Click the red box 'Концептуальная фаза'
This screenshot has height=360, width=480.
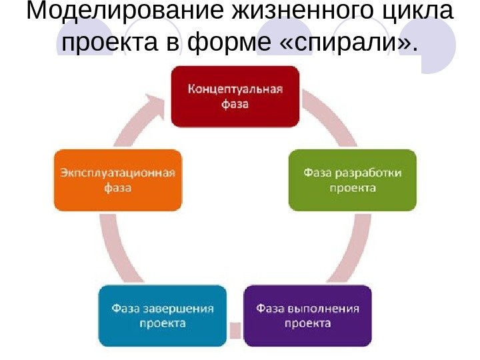235,96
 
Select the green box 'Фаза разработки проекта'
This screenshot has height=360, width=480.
352,180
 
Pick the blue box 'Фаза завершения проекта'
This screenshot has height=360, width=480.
163,316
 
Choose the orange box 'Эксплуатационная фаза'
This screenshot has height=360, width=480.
117,180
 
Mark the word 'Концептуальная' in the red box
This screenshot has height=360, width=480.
235,89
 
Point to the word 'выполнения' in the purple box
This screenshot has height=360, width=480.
325,309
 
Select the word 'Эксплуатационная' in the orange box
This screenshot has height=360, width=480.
117,173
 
